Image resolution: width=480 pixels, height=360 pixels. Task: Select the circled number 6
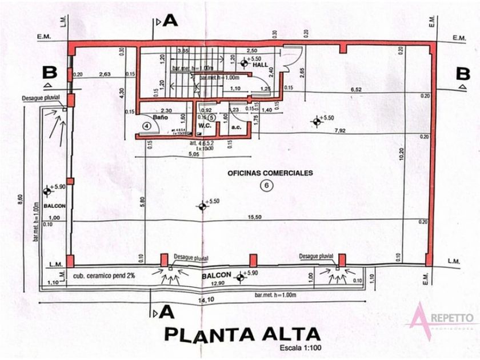(265, 185)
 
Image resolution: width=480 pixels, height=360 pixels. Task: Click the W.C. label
(206, 126)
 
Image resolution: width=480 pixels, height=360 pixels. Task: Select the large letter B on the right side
(462, 74)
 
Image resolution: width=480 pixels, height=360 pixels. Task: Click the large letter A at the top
(170, 21)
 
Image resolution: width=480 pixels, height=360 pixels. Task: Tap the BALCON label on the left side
(47, 208)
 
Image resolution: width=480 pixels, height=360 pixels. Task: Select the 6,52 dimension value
(355, 90)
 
